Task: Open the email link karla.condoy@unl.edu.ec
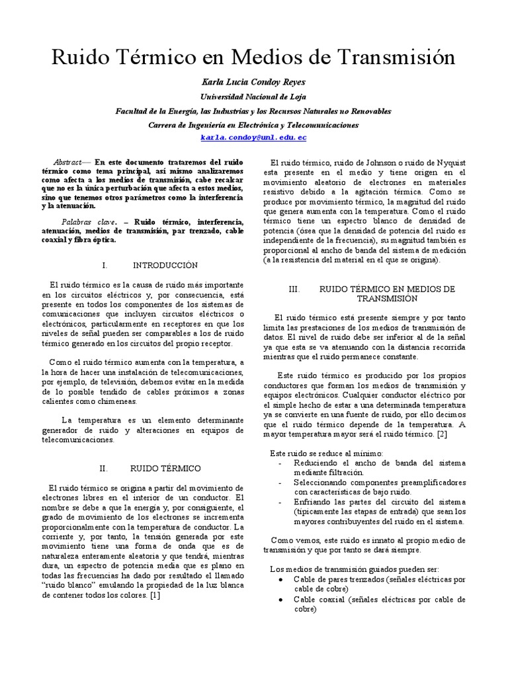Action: pos(254,138)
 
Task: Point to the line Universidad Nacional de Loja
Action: pos(254,97)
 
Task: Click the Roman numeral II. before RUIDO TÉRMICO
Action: pos(103,468)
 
